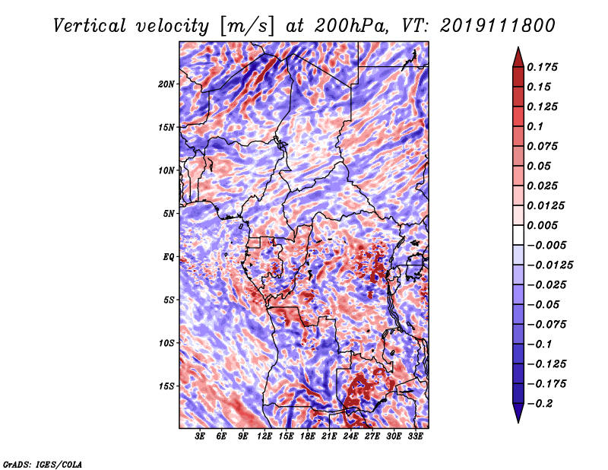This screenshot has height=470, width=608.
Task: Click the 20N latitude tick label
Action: (166, 84)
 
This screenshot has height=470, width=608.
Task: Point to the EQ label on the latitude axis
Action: (168, 257)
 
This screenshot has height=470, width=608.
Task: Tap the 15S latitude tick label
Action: (166, 386)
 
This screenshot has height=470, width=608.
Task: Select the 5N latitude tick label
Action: (169, 214)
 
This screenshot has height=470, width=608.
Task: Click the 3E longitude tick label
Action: (200, 437)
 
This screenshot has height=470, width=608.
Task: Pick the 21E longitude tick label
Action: (329, 437)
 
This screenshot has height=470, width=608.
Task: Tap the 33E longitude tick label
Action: (415, 437)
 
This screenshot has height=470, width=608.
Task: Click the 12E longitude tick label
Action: (264, 437)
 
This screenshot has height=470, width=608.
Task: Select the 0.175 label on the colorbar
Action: (542, 67)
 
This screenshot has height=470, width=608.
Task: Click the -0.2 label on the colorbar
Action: (540, 404)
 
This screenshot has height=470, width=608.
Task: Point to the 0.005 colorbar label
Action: (542, 225)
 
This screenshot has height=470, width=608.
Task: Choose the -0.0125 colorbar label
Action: (549, 265)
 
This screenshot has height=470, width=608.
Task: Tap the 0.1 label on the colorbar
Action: (535, 126)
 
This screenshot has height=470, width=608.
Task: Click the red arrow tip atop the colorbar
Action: (518, 48)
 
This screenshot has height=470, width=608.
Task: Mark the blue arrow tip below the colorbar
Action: (518, 421)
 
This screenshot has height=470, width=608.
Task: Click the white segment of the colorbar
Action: (518, 235)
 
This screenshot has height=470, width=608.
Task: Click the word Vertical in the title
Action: (89, 26)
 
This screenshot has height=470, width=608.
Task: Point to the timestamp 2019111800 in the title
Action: (498, 26)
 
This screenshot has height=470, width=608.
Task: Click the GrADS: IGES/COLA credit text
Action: (43, 464)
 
